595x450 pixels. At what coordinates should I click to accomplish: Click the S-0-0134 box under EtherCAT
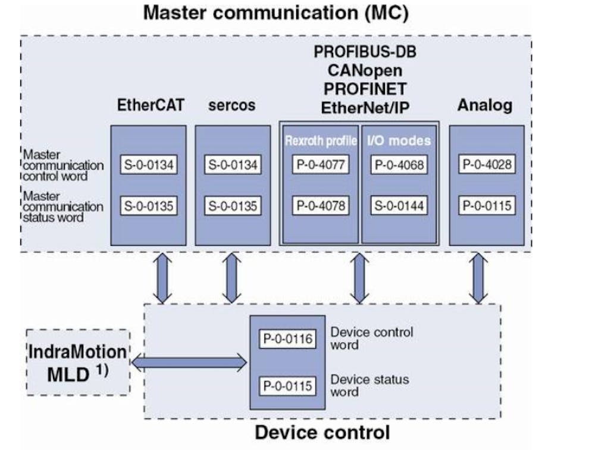148,165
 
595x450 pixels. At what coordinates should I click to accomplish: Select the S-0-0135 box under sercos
232,206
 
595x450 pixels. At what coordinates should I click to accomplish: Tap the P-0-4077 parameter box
320,165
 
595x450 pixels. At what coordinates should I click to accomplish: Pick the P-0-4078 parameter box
320,206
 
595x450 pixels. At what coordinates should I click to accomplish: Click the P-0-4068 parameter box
399,165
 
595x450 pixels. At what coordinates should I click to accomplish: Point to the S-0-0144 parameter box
399,206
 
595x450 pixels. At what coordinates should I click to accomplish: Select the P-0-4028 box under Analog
487,165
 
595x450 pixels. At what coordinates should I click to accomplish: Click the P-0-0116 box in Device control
287,338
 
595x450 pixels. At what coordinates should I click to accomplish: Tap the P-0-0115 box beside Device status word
287,385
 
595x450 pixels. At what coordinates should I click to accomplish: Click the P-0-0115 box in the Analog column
487,206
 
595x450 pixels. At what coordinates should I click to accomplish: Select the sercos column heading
232,106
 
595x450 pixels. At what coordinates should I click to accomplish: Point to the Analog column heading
485,106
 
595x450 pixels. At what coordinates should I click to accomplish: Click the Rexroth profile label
321,141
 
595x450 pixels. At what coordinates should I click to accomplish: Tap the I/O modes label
399,141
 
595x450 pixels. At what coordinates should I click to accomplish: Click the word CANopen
365,70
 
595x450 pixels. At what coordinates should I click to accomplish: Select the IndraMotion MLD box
78,361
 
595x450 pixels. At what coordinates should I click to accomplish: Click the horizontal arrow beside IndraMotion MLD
189,361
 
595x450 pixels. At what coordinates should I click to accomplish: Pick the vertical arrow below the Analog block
477,278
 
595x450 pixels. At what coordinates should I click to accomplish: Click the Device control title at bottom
322,432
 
